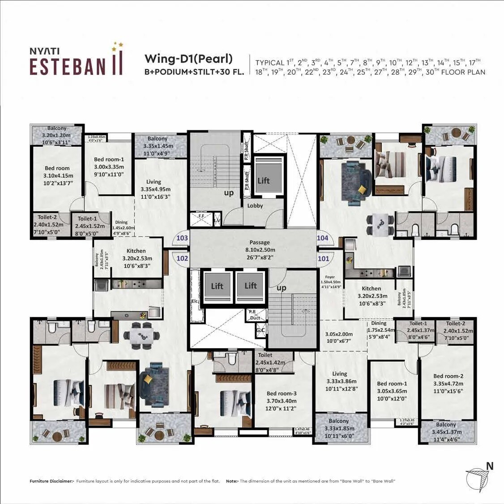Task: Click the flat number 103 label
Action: [x=182, y=238]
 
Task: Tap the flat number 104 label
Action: [x=323, y=238]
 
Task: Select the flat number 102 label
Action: [x=182, y=258]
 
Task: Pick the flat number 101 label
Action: [x=323, y=258]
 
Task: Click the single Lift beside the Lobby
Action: [x=264, y=180]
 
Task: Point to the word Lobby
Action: [x=255, y=205]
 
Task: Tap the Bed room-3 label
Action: [x=282, y=394]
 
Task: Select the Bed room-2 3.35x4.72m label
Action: [x=448, y=384]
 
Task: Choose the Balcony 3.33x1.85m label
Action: [x=339, y=428]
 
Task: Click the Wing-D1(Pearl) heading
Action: [x=188, y=59]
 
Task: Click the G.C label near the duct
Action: [x=260, y=330]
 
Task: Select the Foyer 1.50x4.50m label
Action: [x=331, y=282]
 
